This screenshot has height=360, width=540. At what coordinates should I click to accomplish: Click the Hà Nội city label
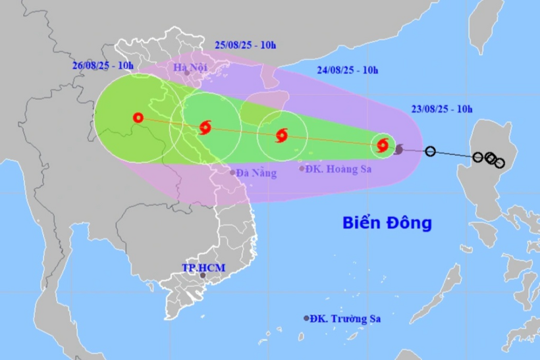[x=190, y=67]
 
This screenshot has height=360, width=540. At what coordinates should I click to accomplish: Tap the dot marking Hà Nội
[x=187, y=74]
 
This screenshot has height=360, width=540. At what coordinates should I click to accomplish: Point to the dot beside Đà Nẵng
[x=232, y=172]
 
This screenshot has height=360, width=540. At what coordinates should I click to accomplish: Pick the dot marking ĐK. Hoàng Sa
[x=302, y=168]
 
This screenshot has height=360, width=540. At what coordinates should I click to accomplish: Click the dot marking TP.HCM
[x=203, y=275]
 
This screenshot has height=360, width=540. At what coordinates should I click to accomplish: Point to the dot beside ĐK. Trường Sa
[x=306, y=318]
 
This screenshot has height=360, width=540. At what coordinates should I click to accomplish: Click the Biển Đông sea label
[x=387, y=222]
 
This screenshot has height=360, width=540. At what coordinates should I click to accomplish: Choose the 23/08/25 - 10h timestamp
[x=437, y=109]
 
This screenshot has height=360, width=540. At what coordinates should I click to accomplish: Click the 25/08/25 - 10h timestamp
[x=245, y=45]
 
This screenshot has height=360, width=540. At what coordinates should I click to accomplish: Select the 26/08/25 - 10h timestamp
[x=103, y=65]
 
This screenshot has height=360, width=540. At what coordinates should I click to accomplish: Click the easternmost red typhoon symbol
[x=383, y=145]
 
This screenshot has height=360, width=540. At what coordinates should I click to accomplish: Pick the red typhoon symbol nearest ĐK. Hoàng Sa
[x=282, y=136]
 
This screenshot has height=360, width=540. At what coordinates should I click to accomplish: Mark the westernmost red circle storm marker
[x=138, y=118]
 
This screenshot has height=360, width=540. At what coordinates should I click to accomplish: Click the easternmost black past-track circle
[x=499, y=163]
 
